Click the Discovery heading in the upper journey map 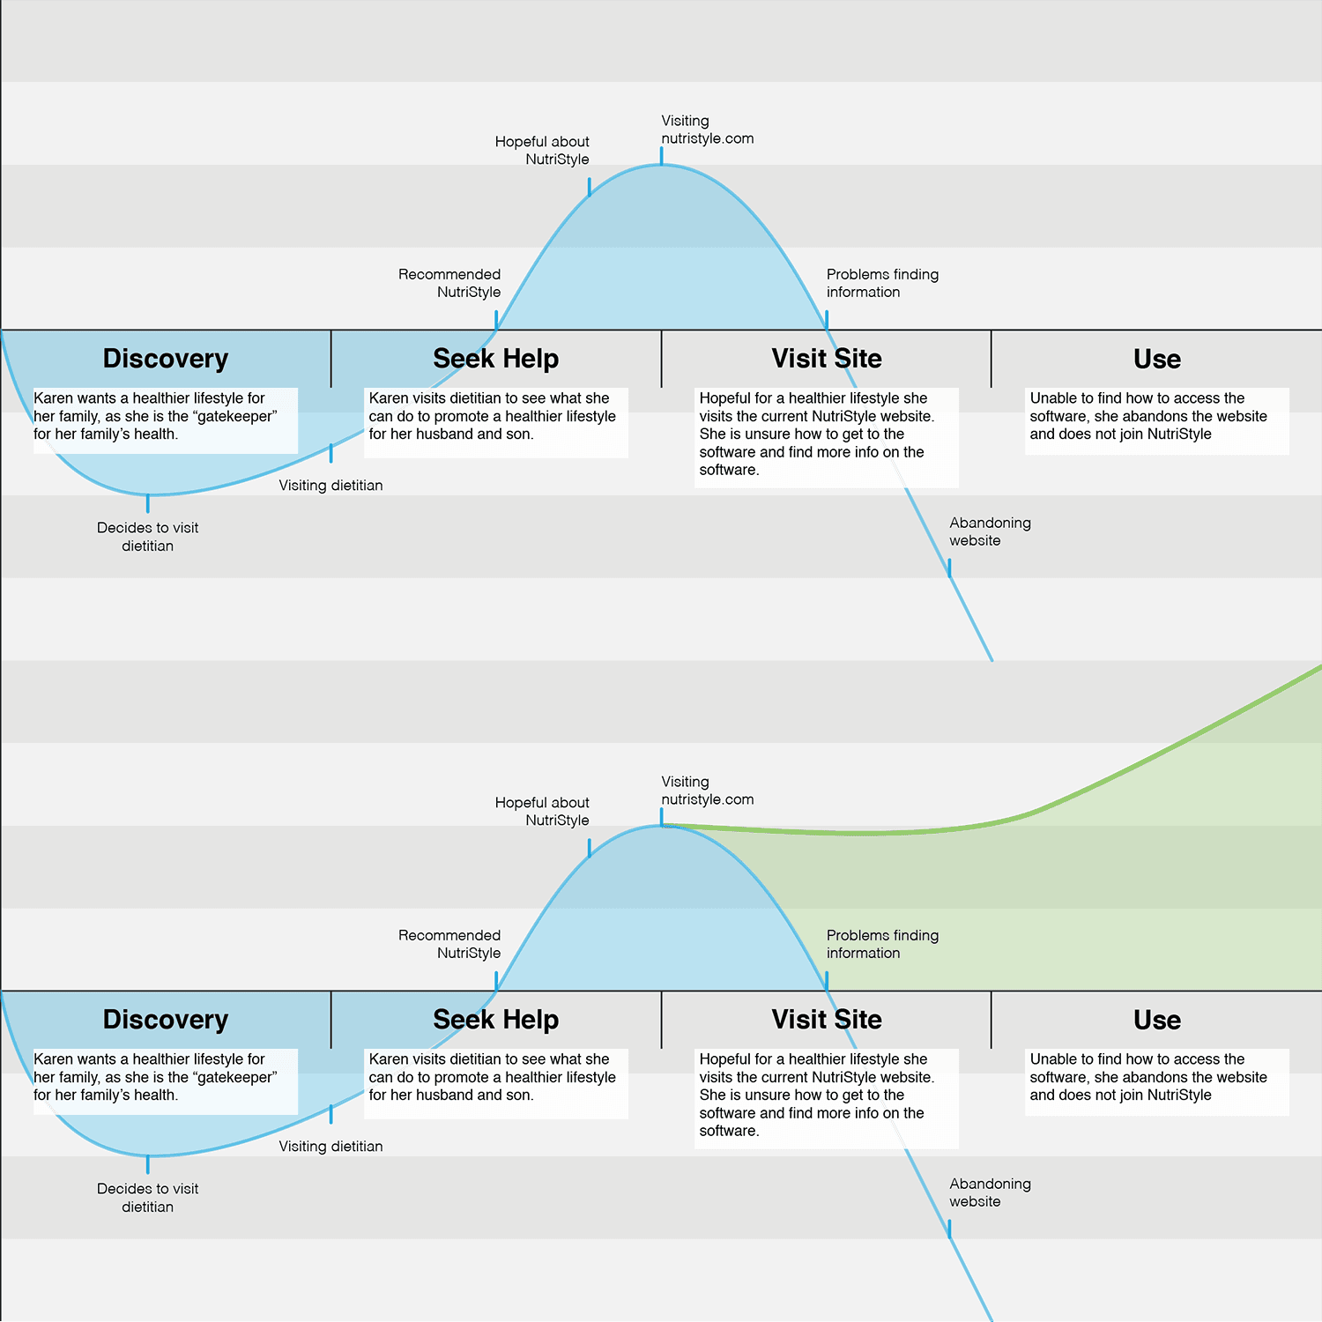[x=166, y=359]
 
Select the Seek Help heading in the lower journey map [x=495, y=1020]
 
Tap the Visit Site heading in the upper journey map [x=827, y=359]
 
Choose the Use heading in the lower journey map [x=1156, y=1020]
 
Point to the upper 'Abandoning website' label [x=990, y=531]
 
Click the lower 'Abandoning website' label [x=990, y=1192]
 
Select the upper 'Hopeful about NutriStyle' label [x=542, y=151]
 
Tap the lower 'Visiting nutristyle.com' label [x=708, y=791]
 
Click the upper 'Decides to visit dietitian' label [x=147, y=537]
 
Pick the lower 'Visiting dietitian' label [x=330, y=1147]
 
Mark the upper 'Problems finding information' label [x=882, y=283]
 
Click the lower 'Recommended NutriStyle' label [x=449, y=944]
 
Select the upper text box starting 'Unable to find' [x=1156, y=420]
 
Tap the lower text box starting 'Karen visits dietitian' [x=495, y=1083]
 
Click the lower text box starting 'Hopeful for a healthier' [x=826, y=1098]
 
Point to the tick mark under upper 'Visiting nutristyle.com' [x=661, y=157]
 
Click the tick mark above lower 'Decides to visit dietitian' [x=147, y=1164]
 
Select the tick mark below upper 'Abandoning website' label [x=949, y=568]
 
